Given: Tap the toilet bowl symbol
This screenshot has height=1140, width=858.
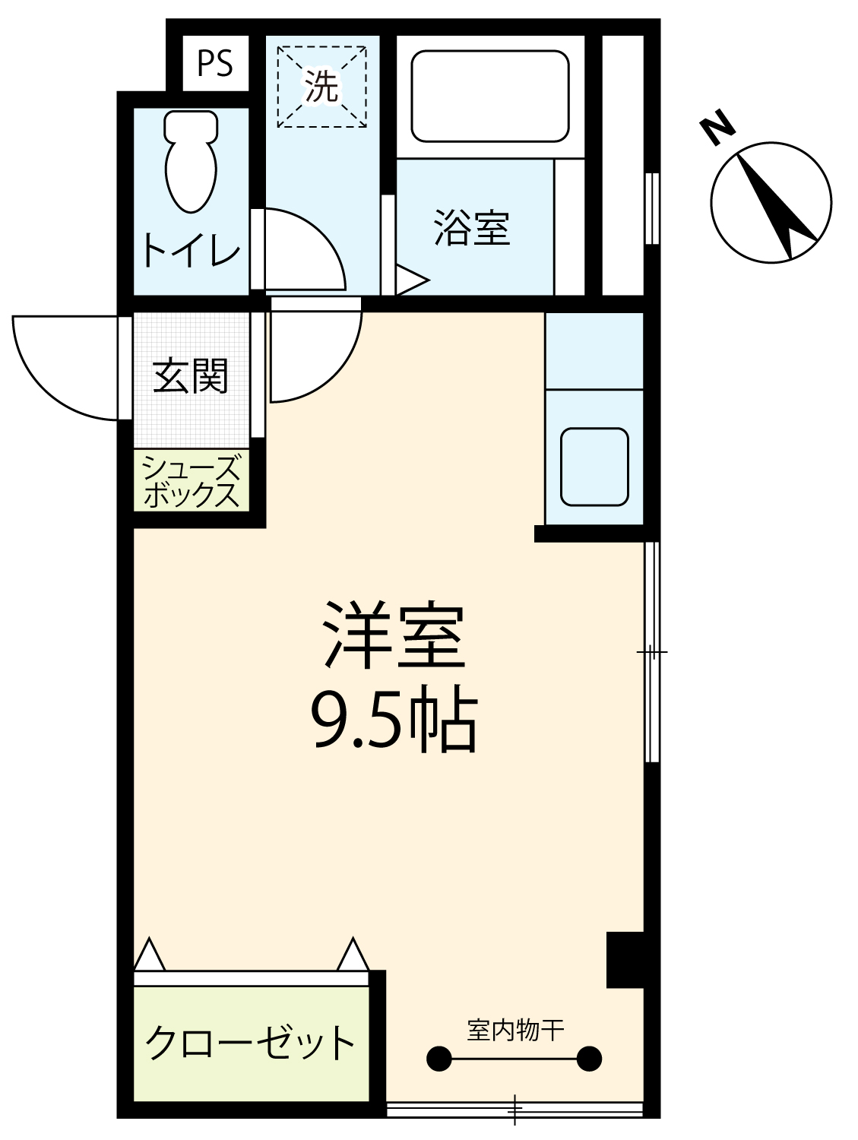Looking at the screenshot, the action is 191,162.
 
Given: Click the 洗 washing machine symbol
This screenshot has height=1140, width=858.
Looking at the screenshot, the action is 322,86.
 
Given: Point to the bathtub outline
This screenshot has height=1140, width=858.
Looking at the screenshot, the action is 489,96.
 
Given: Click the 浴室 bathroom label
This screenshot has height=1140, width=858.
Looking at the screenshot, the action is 472,227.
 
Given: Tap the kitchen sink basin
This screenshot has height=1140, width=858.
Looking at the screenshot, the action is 594,467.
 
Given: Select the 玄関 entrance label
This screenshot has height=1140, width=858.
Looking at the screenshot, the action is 191,375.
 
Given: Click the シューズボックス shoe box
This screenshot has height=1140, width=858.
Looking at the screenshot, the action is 191,480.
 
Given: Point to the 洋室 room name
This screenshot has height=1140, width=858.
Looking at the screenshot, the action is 393,635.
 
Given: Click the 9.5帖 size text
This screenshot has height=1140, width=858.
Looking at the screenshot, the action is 393,719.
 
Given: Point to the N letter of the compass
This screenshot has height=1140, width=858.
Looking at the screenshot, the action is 717,128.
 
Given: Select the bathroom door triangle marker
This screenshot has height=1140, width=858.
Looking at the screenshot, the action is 412,280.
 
